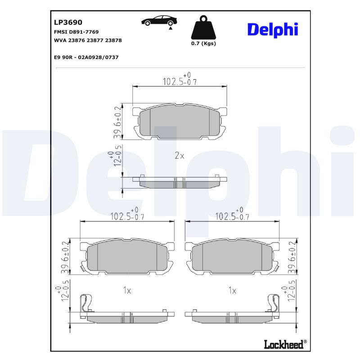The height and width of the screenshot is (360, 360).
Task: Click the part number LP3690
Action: (68, 22)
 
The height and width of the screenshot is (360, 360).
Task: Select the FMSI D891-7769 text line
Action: (76, 32)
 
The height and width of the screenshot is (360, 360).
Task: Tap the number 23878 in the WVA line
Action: (113, 40)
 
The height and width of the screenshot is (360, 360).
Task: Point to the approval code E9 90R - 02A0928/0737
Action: (86, 57)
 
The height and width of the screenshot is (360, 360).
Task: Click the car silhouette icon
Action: (159, 21)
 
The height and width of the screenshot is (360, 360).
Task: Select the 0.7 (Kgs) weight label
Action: (203, 43)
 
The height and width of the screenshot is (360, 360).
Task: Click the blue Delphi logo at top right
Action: (273, 30)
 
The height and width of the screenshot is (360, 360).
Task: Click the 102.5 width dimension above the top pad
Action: (180, 79)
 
